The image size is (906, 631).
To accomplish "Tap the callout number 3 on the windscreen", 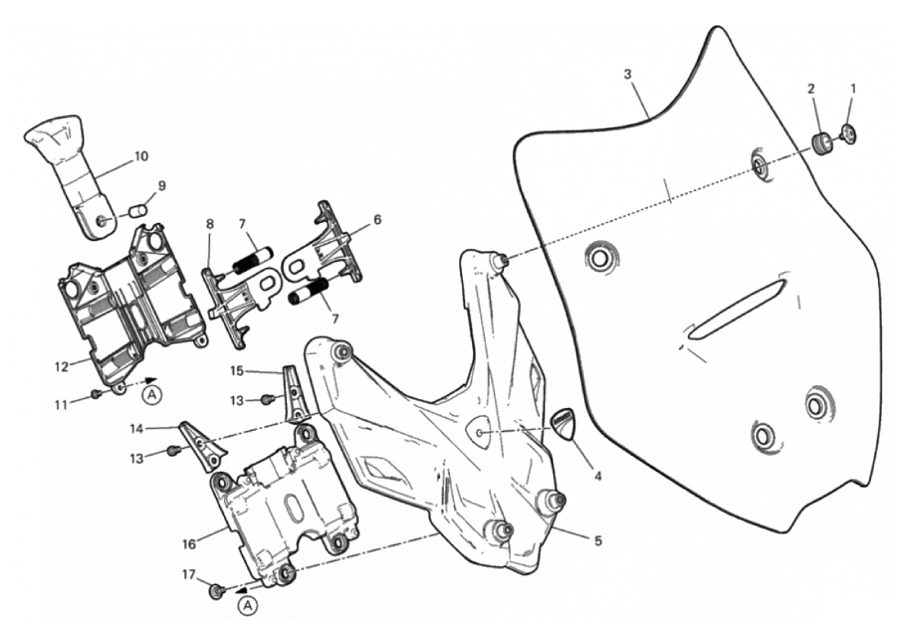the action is [628, 75].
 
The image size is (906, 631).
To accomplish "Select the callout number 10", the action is [140, 156].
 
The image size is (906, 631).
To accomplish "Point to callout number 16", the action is [190, 543].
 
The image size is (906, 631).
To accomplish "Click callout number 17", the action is [189, 575].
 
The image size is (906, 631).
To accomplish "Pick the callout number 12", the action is [62, 366].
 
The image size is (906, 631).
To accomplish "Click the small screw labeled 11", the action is [96, 394].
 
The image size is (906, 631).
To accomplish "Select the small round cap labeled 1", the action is [850, 132].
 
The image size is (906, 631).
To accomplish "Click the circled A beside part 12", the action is [152, 395].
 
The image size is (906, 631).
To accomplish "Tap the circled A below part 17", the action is [247, 605].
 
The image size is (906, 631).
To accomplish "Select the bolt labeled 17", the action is [218, 591].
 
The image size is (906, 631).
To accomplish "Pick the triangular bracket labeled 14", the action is [200, 445].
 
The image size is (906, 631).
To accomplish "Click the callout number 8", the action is [209, 224].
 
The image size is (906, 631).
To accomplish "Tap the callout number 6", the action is [378, 219].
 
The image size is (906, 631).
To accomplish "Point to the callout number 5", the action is [598, 541].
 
